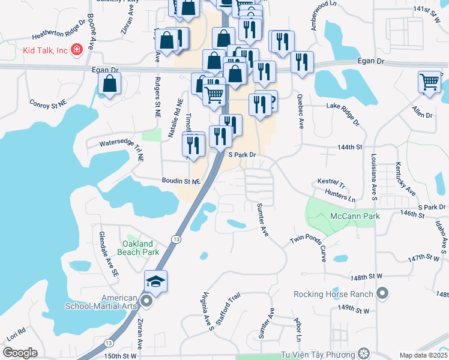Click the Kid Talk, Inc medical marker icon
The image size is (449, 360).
point(76,49)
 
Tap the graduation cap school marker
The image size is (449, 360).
point(155,281)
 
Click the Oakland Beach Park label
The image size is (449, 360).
point(141,248)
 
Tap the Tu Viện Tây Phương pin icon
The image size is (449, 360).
point(363,353)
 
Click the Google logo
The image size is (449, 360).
point(19,353)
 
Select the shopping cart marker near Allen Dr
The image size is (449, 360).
point(429,82)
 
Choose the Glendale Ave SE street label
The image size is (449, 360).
point(109,254)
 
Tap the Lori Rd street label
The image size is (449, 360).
point(17,334)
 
